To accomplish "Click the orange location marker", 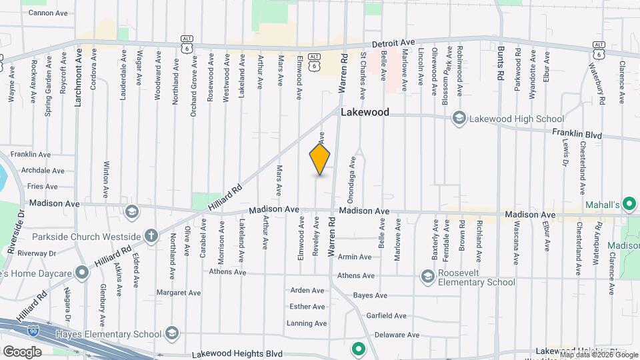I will (320, 160).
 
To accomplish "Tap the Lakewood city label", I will (365, 113).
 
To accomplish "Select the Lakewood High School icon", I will (458, 119).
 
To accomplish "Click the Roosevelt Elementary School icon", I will (427, 276).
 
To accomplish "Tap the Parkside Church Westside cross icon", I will (151, 236).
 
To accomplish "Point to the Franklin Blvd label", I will (577, 135).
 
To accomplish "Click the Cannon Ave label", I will (48, 13).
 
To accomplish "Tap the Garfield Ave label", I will (386, 316).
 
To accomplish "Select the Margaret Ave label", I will (178, 293).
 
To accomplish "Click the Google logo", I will (22, 351).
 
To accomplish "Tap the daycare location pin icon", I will (81, 273).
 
